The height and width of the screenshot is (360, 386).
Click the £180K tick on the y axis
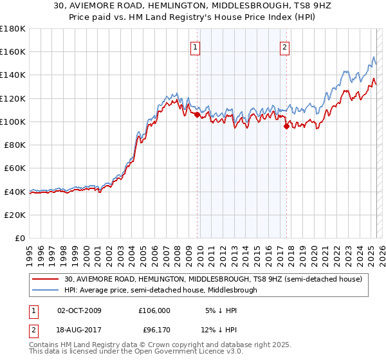click(x=14, y=28)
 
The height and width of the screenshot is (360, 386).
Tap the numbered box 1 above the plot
click(x=194, y=46)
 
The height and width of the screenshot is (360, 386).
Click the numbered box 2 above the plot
click(x=284, y=46)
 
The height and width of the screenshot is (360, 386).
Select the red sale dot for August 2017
click(x=286, y=126)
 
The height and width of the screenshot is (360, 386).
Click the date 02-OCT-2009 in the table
click(x=80, y=310)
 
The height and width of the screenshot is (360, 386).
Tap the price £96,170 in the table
click(x=154, y=331)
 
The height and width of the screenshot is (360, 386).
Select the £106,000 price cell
click(x=154, y=310)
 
